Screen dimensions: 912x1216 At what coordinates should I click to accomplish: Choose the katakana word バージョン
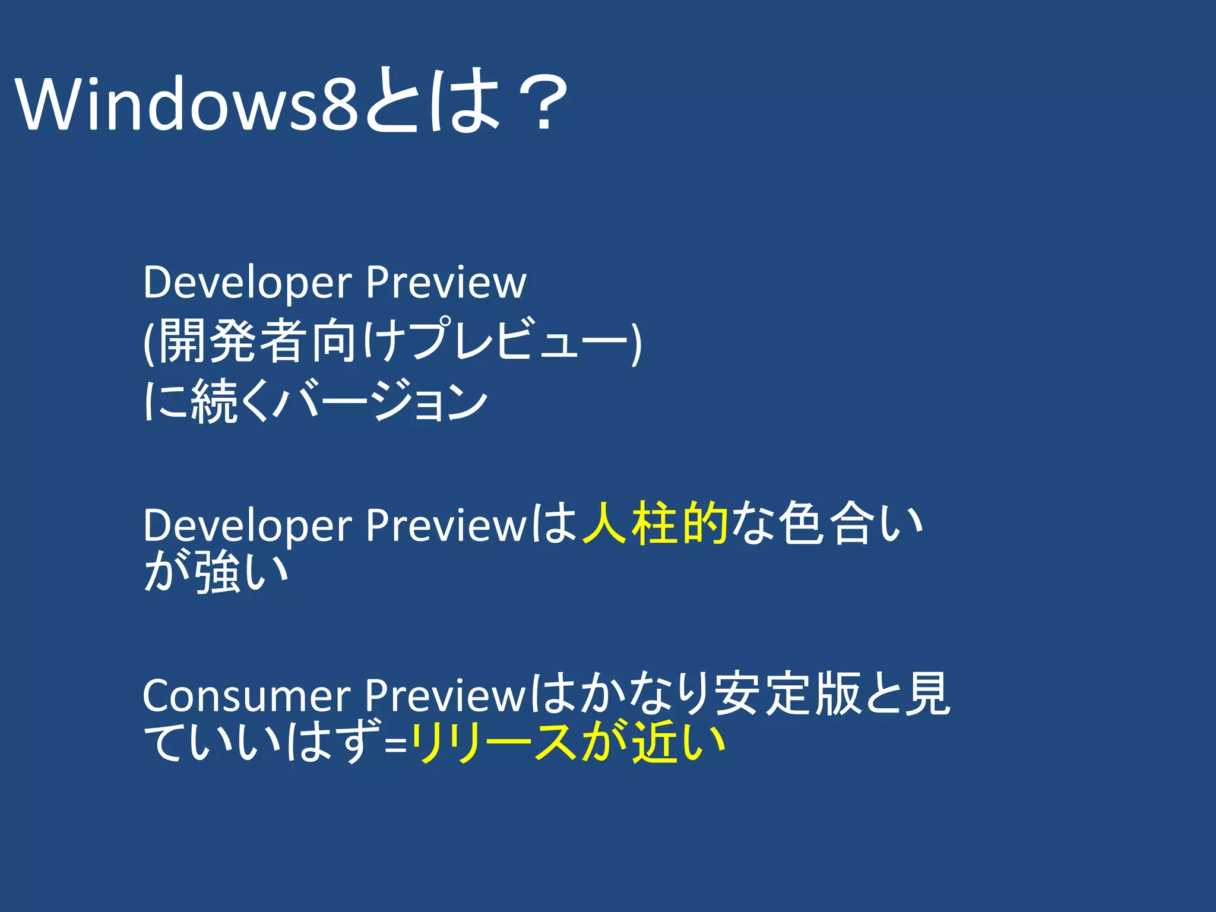coord(380,401)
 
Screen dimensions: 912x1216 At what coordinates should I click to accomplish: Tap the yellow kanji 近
coord(654,742)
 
